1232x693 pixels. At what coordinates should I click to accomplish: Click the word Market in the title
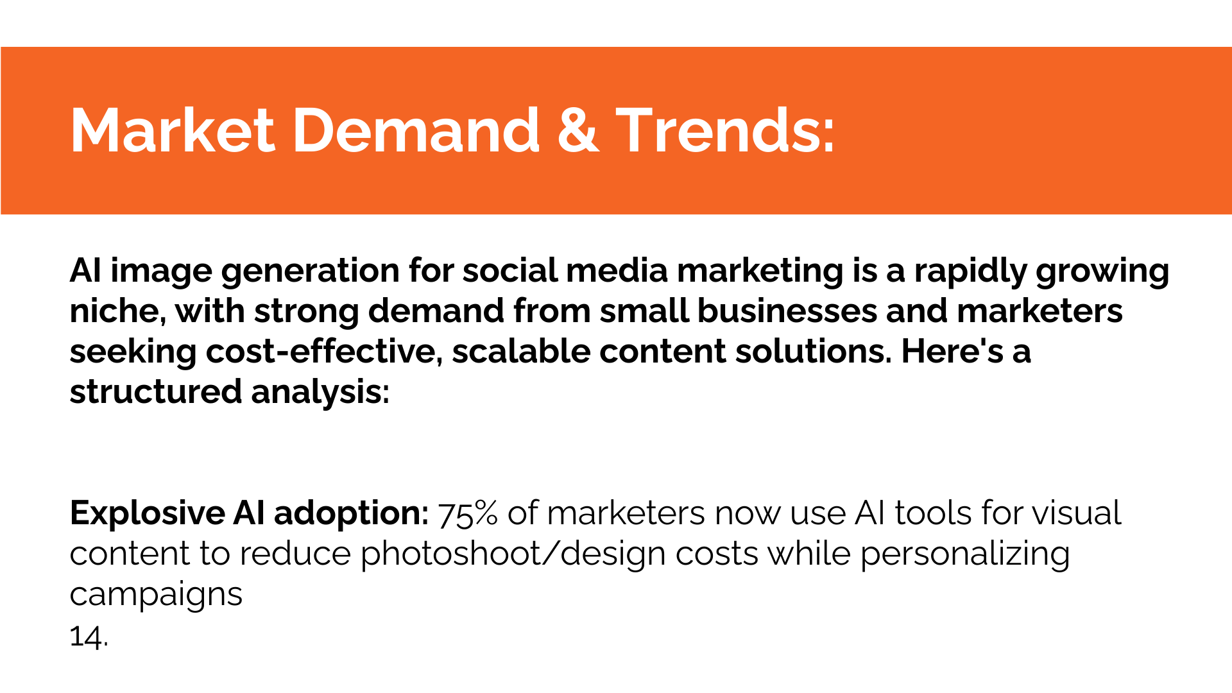coord(173,130)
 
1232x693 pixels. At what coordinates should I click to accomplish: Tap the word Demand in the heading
coord(416,130)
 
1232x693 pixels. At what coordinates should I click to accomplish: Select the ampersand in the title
coord(578,130)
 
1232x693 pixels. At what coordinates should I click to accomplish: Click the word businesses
coord(787,311)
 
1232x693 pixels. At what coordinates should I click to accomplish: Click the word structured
coord(156,391)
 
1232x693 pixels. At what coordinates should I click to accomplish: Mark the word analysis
coord(320,392)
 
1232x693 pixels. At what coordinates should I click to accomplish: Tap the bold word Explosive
coord(147,513)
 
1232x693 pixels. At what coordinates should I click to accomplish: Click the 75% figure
coord(468,513)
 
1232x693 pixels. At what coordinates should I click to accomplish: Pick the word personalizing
coord(965,554)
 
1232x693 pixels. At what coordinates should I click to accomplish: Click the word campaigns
coord(156,595)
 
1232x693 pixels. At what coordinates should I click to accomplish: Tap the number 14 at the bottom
coord(86,637)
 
